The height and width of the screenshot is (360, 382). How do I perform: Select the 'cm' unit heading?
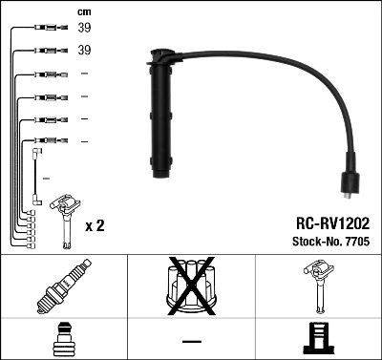[x=83, y=11]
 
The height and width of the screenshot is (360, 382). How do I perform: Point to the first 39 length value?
[x=84, y=29]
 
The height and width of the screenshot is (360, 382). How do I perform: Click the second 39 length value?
[x=84, y=51]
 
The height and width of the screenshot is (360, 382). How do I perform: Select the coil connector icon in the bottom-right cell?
[x=318, y=286]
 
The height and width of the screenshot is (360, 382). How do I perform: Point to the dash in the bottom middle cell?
[x=191, y=341]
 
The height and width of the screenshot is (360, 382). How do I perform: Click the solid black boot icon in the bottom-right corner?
[x=318, y=339]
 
